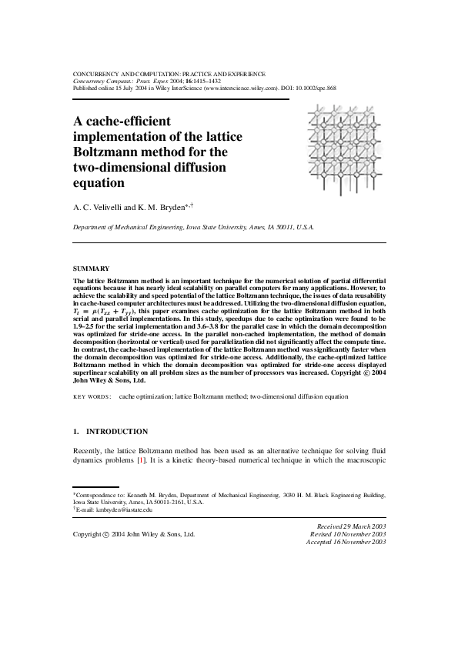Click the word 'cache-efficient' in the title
122,121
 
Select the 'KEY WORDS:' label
92,397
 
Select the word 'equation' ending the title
99,184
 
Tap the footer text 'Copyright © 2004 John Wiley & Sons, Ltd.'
133,533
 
